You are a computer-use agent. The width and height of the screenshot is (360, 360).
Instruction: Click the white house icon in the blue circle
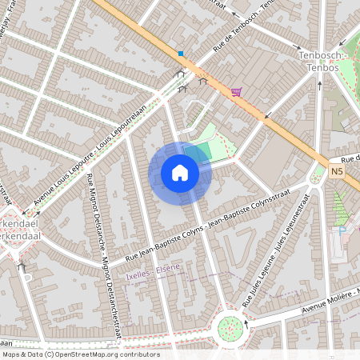point(180,172)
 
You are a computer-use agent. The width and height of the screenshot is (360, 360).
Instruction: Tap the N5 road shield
point(337,170)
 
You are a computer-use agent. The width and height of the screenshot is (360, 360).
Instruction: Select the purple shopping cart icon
point(236,92)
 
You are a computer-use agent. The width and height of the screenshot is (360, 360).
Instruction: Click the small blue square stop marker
point(182,54)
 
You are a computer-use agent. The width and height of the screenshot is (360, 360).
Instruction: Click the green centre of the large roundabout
point(230,326)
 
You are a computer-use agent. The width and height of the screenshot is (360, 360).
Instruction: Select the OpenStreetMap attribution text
point(80,354)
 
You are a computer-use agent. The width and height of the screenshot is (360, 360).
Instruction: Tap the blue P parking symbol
point(343,230)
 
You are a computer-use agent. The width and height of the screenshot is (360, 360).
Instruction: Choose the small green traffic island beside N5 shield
point(319,170)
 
